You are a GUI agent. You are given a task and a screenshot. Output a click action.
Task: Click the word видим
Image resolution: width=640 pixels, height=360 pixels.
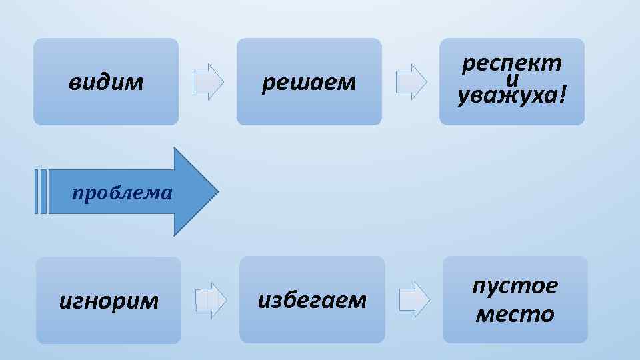click(106, 83)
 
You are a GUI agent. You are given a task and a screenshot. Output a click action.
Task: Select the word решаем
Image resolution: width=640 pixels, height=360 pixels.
click(309, 83)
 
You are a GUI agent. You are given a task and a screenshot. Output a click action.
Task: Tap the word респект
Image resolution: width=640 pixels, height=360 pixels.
click(511, 64)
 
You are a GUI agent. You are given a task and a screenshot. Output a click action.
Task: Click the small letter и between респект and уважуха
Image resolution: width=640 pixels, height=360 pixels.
click(512, 80)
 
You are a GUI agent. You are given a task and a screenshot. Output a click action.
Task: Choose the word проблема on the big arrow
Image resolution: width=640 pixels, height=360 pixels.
click(122, 193)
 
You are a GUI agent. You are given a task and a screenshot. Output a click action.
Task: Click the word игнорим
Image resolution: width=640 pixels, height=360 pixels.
click(109, 301)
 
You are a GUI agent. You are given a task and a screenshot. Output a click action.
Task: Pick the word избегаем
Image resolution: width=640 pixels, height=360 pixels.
click(312, 301)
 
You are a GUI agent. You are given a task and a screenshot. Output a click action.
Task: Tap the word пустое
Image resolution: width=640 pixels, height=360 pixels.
click(515, 287)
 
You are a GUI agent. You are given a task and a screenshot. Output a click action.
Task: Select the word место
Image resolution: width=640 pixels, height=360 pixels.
click(515, 314)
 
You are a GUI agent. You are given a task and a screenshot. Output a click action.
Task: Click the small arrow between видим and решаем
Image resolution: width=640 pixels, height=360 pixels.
click(208, 81)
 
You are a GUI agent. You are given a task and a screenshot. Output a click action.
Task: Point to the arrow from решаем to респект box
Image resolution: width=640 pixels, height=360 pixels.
click(411, 81)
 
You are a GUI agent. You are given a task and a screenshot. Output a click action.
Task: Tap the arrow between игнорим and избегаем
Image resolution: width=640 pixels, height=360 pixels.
click(211, 300)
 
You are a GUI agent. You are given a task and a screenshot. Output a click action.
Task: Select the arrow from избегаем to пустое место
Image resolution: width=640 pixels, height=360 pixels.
click(414, 299)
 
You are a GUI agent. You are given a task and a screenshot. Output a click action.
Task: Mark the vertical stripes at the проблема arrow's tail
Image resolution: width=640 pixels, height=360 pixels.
click(41, 192)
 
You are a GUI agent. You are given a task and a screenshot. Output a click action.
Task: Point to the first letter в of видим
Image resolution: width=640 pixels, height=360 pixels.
click(73, 83)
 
